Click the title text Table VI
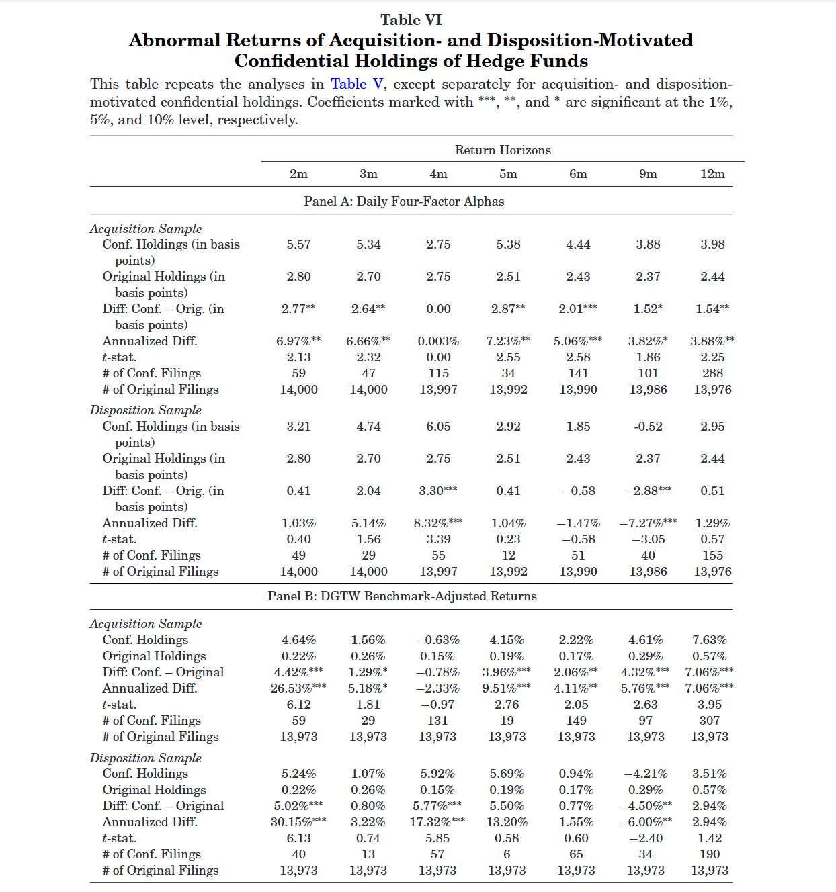pyautogui.click(x=411, y=19)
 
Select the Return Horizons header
pyautogui.click(x=503, y=150)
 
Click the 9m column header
pyautogui.click(x=648, y=173)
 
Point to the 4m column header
pyautogui.click(x=438, y=173)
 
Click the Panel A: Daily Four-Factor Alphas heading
pyautogui.click(x=404, y=201)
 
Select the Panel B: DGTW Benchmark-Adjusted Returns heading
pyautogui.click(x=402, y=596)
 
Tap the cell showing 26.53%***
pyautogui.click(x=298, y=688)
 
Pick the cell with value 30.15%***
pyautogui.click(x=298, y=821)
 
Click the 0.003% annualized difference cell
pyautogui.click(x=438, y=341)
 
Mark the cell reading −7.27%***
pyautogui.click(x=648, y=523)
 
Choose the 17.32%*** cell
pyautogui.click(x=437, y=821)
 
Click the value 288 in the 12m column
pyautogui.click(x=712, y=373)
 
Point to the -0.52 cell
pyautogui.click(x=648, y=426)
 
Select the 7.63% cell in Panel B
pyautogui.click(x=710, y=639)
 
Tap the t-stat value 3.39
pyautogui.click(x=438, y=539)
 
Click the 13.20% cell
pyautogui.click(x=507, y=821)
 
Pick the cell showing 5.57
pyautogui.click(x=298, y=244)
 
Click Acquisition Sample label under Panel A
pyautogui.click(x=146, y=228)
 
